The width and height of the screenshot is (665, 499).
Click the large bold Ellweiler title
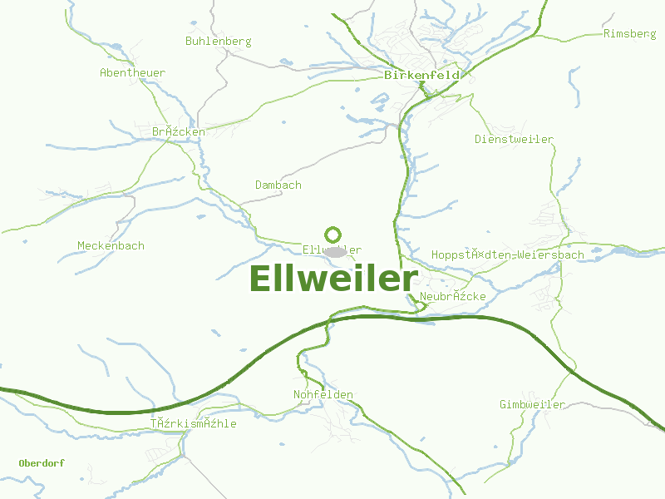click(x=332, y=279)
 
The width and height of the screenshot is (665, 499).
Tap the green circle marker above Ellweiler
click(x=332, y=235)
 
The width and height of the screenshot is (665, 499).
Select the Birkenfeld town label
click(x=422, y=75)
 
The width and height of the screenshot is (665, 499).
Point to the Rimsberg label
click(x=629, y=33)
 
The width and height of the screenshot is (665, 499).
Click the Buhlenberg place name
click(x=218, y=41)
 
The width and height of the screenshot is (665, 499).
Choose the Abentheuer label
click(x=132, y=72)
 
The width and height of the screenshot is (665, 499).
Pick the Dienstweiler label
click(x=514, y=139)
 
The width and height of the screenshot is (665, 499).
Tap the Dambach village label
click(x=278, y=185)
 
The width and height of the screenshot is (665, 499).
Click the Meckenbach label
click(x=111, y=245)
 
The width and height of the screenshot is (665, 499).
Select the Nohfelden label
click(x=323, y=394)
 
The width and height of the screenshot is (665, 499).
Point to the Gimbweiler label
click(x=532, y=404)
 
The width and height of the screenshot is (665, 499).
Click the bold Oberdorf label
click(x=42, y=462)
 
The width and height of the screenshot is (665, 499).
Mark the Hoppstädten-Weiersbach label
click(x=508, y=254)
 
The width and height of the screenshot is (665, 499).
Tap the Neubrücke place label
click(x=453, y=296)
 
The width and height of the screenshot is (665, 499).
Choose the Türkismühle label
click(x=194, y=423)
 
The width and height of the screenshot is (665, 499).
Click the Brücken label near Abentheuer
click(x=178, y=131)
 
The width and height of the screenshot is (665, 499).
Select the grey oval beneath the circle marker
click(x=334, y=251)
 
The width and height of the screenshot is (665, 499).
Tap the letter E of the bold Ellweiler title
click(x=260, y=279)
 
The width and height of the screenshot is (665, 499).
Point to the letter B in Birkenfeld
click(x=388, y=75)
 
